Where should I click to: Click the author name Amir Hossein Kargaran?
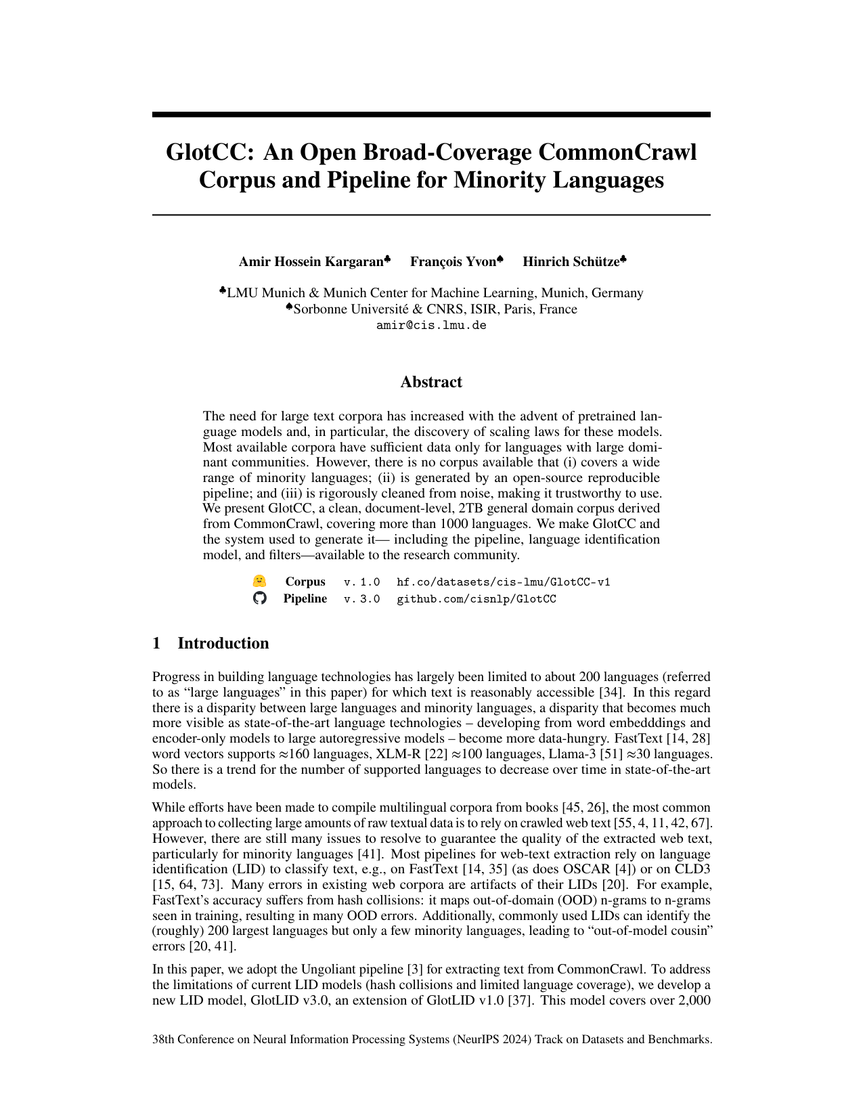311,262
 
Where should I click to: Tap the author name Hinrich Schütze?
571,262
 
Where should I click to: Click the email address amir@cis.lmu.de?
431,325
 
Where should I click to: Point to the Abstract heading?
431,382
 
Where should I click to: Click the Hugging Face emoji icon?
259,582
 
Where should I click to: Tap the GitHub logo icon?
260,598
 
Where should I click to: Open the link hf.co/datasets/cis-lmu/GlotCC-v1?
503,582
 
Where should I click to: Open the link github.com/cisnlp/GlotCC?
476,599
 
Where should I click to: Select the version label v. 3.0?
361,599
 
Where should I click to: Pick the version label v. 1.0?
361,582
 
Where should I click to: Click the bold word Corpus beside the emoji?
305,582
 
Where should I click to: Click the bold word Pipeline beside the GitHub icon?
305,598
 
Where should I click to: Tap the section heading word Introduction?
223,643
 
